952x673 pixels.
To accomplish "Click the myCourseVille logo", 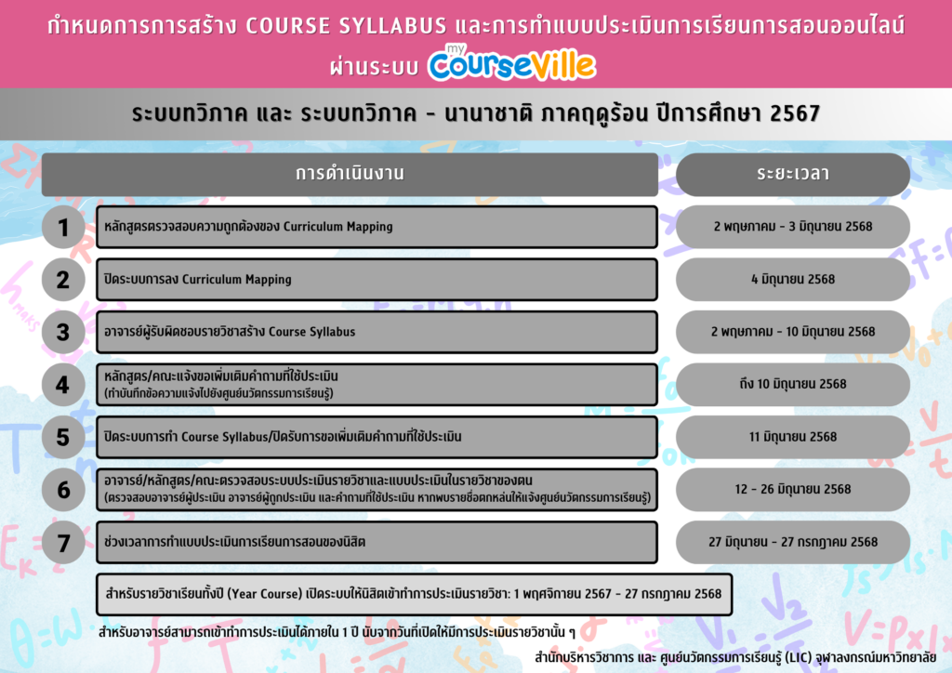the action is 512,62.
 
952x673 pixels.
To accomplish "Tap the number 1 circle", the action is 63,227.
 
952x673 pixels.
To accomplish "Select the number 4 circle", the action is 63,385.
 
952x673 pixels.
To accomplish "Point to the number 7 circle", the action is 63,543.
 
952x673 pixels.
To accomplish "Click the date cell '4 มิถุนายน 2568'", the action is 793,279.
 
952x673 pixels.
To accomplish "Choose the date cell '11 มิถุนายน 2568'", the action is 793,437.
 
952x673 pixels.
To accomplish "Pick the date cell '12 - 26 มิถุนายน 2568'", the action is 793,489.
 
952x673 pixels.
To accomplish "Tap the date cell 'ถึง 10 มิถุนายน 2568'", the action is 793,384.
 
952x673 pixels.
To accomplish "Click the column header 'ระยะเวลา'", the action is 793,174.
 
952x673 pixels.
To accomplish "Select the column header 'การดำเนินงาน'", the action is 350,174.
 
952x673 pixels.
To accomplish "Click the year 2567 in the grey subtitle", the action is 795,113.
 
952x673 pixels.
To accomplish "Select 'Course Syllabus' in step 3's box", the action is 312,332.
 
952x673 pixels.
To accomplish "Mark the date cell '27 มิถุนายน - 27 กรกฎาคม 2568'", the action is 793,542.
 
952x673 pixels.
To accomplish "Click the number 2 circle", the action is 63,280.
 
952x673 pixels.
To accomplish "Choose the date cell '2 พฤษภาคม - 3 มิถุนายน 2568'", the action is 793,227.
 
